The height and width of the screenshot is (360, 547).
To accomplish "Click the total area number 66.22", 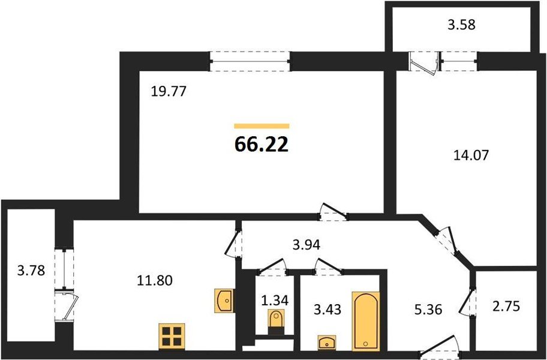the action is pyautogui.click(x=262, y=144).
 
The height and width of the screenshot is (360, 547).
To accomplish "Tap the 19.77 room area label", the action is pyautogui.click(x=169, y=92).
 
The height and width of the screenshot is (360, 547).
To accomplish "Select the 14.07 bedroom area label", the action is pyautogui.click(x=471, y=155).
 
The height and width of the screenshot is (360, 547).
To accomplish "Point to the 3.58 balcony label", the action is pyautogui.click(x=462, y=25).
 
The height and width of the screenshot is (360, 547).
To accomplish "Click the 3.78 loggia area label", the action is pyautogui.click(x=31, y=270).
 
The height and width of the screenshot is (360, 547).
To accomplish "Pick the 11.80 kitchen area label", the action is pyautogui.click(x=155, y=280).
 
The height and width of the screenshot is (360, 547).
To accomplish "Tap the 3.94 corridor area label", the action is pyautogui.click(x=306, y=245).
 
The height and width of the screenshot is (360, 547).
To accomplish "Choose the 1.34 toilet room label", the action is pyautogui.click(x=275, y=300).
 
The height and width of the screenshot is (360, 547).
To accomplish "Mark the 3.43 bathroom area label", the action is pyautogui.click(x=327, y=309).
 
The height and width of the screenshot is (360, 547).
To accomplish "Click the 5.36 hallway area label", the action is pyautogui.click(x=428, y=309).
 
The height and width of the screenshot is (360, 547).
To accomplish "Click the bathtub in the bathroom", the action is pyautogui.click(x=366, y=320).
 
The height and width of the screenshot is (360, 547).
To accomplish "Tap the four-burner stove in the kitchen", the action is pyautogui.click(x=171, y=336).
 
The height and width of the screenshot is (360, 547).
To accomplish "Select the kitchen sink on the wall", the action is pyautogui.click(x=224, y=301).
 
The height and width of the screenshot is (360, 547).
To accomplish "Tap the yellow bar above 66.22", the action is pyautogui.click(x=262, y=126).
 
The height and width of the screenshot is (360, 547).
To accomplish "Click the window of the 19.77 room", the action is pyautogui.click(x=250, y=61).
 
